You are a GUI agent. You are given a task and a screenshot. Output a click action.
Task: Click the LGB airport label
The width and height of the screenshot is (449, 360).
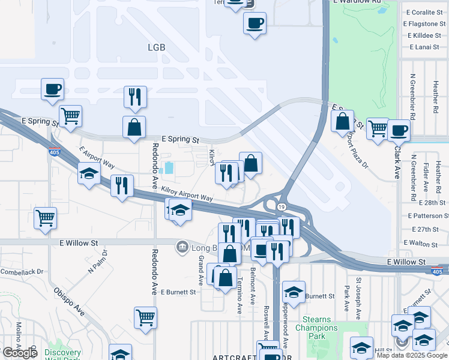(155, 47)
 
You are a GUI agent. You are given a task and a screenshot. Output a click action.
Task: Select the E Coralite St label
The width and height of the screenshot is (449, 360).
(424, 13)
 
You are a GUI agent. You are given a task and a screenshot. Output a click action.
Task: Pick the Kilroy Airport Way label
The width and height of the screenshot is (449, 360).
(187, 194)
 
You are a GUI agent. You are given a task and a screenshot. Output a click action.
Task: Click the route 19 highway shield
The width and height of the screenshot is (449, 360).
(281, 206)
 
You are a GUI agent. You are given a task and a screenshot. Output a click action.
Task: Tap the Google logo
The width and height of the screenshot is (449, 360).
(20, 353)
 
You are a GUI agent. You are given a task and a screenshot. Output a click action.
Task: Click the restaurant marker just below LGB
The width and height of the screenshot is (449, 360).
(135, 96)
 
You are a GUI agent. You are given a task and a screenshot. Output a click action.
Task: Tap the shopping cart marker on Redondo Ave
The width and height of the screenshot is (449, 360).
(145, 317)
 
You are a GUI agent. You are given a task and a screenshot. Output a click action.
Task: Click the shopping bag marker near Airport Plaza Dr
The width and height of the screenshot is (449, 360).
(342, 121)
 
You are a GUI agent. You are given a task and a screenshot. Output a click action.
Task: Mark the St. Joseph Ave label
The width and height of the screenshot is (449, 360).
(359, 293)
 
